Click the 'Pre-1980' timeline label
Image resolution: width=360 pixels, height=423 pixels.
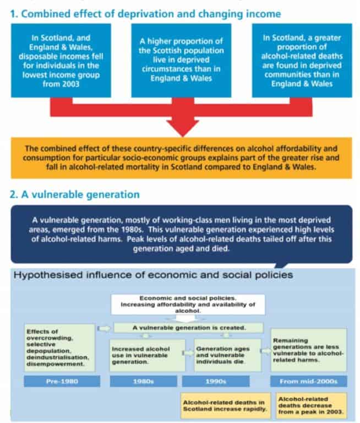point(62,381)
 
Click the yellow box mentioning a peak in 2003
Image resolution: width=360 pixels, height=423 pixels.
point(310,405)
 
